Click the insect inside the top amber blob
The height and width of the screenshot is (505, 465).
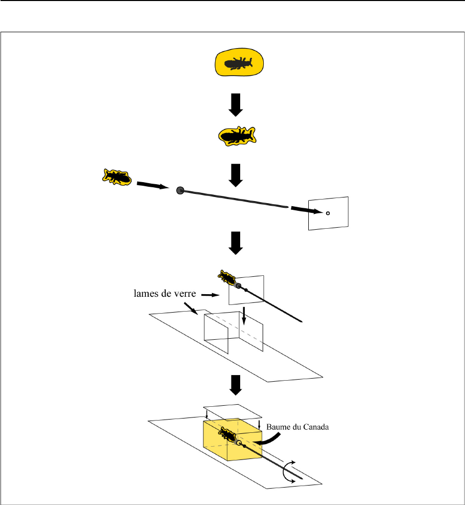coord(239,64)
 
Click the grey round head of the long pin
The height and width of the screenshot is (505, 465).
coord(180,190)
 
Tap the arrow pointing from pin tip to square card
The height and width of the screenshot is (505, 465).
coord(305,209)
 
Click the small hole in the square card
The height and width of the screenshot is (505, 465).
coord(328,213)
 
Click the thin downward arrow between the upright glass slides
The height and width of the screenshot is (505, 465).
coord(244,316)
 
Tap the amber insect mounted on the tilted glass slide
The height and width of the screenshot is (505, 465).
coord(226,278)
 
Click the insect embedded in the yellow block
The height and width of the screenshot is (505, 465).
coord(227,436)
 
